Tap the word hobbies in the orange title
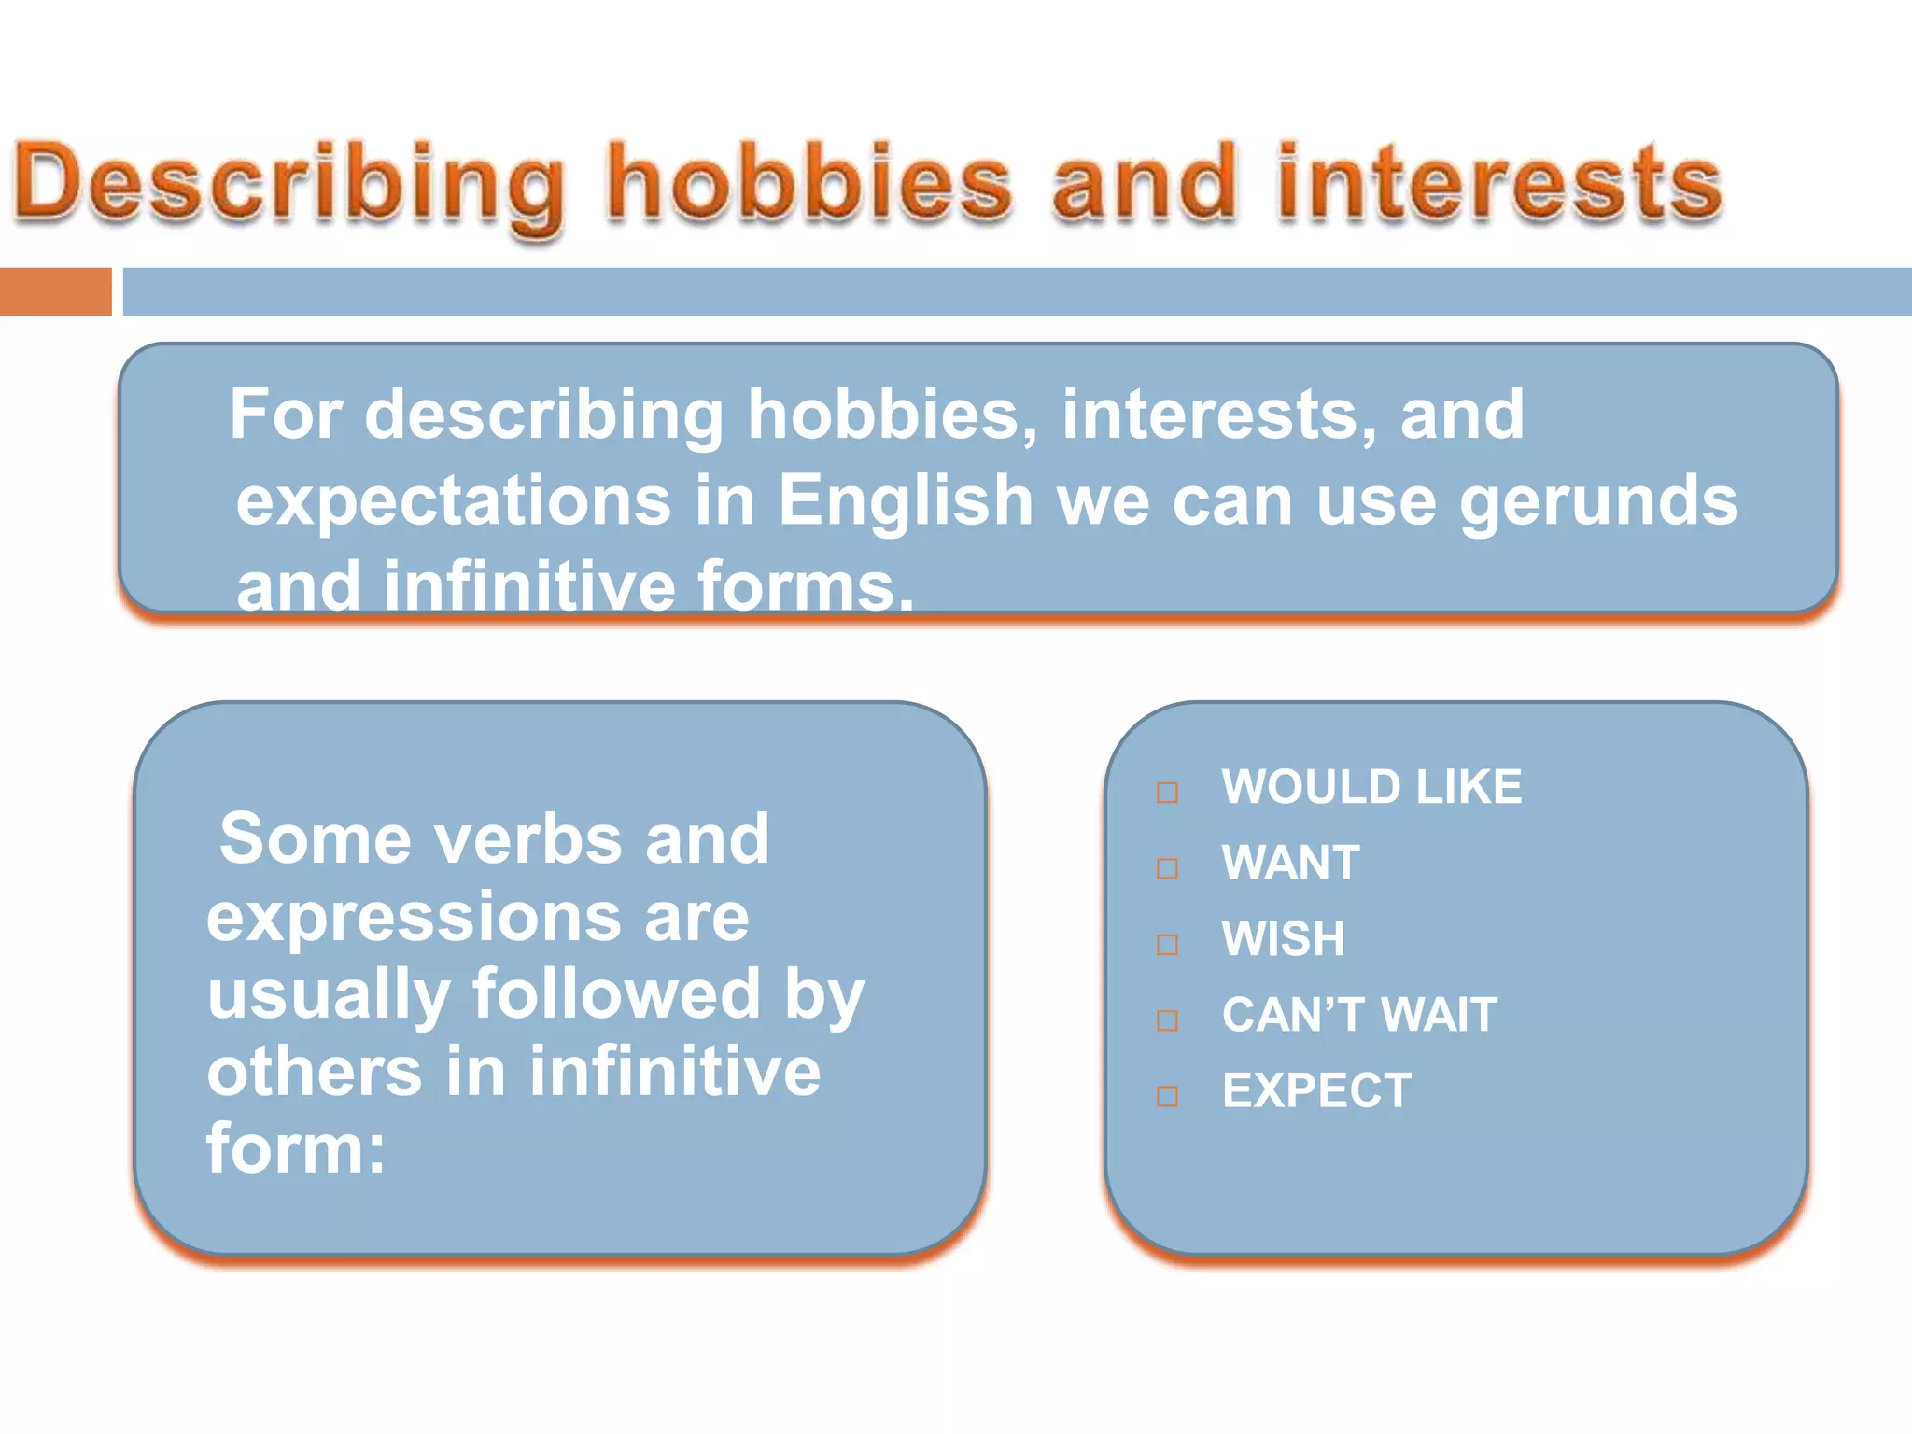pyautogui.click(x=808, y=183)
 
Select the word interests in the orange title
pyautogui.click(x=1499, y=183)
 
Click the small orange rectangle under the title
pyautogui.click(x=55, y=291)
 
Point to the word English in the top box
pyautogui.click(x=905, y=500)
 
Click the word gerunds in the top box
pyautogui.click(x=1597, y=502)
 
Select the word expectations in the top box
pyautogui.click(x=453, y=500)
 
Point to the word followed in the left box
pyautogui.click(x=617, y=993)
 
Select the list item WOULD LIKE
pyautogui.click(x=1371, y=787)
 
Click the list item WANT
pyautogui.click(x=1290, y=863)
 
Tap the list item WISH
pyautogui.click(x=1283, y=938)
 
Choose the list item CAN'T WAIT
pyautogui.click(x=1359, y=1015)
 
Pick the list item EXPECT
pyautogui.click(x=1316, y=1090)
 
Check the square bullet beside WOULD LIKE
pyautogui.click(x=1167, y=794)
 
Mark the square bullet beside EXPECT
pyautogui.click(x=1167, y=1096)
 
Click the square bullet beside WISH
pyautogui.click(x=1167, y=945)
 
